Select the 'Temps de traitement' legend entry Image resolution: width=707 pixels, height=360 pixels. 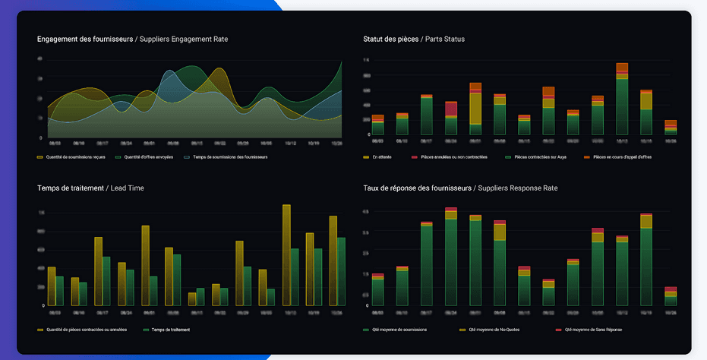tap(168, 330)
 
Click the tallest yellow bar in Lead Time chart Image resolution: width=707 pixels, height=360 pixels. tap(286, 255)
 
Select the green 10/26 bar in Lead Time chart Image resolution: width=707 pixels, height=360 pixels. tap(341, 272)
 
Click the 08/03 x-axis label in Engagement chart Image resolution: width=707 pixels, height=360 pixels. tap(55, 142)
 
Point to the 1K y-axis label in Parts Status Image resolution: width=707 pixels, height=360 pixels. tap(366, 59)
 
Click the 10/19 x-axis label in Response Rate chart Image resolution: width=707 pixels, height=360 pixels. tap(645, 311)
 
